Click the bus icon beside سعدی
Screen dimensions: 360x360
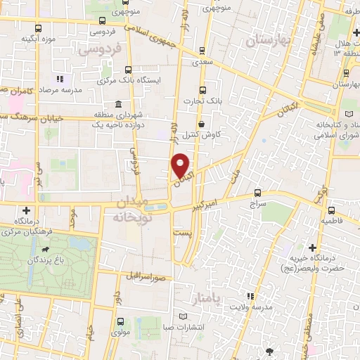tap(202, 50)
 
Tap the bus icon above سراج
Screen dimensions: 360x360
tap(257, 191)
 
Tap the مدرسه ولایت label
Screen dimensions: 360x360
tap(270, 307)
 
